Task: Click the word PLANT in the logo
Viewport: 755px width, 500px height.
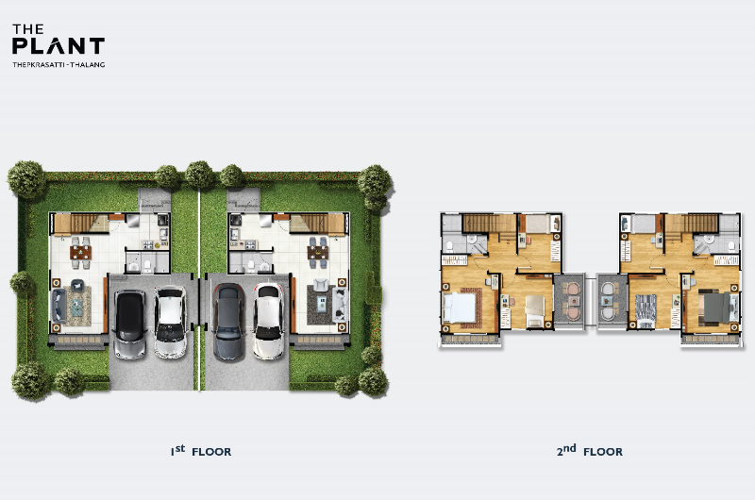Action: click(59, 46)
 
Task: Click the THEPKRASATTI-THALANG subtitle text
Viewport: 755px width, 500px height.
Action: click(59, 64)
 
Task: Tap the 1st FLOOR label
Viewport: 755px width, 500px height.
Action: click(201, 451)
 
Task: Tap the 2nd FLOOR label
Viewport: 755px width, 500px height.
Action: click(589, 451)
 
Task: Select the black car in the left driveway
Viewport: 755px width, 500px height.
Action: click(129, 324)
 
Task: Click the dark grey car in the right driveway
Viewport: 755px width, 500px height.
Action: click(229, 322)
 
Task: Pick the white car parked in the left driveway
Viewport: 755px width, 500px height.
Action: click(171, 322)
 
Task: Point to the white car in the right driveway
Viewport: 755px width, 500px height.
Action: click(268, 321)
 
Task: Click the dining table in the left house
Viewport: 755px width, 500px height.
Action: click(80, 252)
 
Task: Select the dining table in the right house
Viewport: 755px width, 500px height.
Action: click(318, 252)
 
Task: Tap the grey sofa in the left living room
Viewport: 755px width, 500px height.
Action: click(59, 305)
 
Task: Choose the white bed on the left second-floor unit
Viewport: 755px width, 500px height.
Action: click(460, 307)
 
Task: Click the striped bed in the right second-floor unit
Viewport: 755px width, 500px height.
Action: click(646, 310)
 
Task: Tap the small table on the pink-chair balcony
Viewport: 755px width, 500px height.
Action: click(573, 301)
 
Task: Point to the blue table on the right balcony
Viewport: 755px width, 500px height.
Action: click(607, 301)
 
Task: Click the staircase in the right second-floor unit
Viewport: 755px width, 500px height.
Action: click(692, 224)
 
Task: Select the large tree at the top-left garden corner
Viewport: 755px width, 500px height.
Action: click(27, 179)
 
